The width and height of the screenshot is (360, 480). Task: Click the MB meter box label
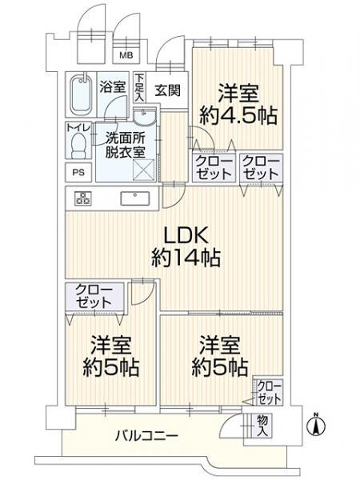126,55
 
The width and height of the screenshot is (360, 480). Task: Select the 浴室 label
112,87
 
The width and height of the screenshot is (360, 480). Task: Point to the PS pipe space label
78,172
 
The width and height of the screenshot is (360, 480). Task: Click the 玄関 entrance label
167,90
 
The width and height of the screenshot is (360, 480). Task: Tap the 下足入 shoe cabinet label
139,87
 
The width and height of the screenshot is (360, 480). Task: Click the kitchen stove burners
82,198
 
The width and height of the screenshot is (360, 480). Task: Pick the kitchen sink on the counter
135,198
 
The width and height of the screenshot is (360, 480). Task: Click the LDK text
186,235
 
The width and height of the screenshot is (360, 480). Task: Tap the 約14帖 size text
186,258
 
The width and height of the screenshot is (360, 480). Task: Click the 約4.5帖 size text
238,116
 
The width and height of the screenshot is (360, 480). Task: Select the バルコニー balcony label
146,435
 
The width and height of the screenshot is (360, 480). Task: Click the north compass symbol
317,425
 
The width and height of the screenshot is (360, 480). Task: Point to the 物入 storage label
262,426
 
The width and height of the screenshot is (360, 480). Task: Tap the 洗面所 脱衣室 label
125,146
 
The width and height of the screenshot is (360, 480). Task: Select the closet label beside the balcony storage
269,393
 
